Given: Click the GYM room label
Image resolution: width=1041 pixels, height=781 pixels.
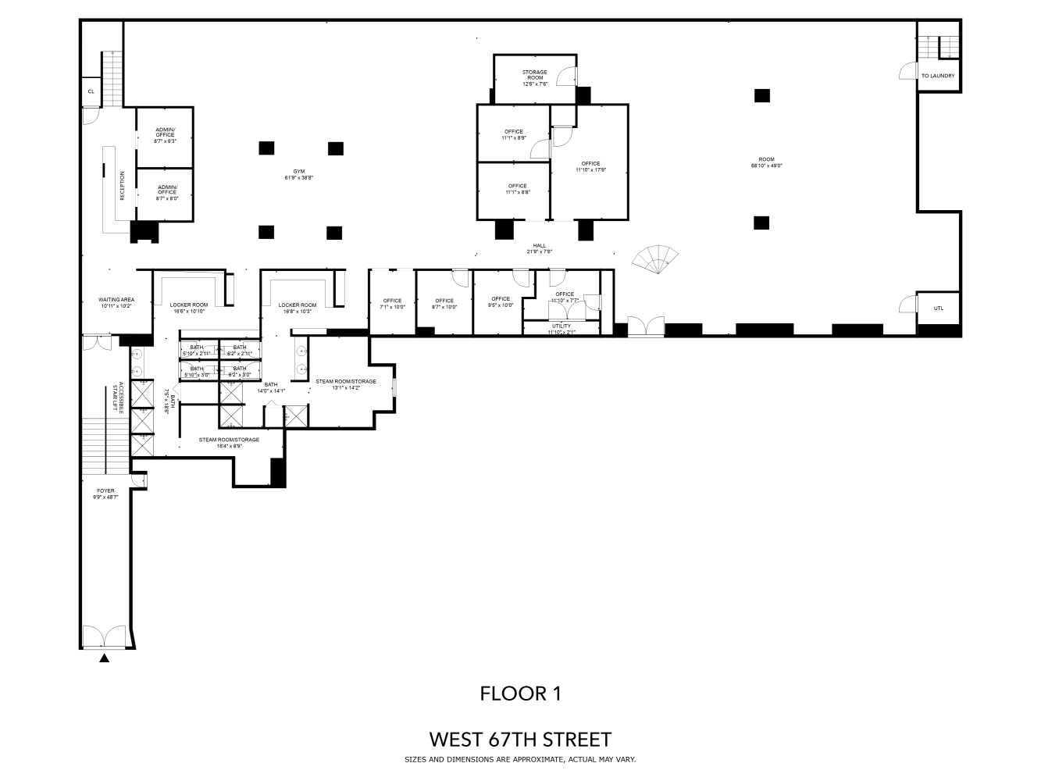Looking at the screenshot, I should [x=298, y=174].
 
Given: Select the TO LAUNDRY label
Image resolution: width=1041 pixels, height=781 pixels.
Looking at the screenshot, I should [x=937, y=76].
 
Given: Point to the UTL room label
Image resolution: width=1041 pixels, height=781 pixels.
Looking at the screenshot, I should [x=938, y=308].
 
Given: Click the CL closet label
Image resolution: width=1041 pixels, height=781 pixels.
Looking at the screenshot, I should [x=91, y=91].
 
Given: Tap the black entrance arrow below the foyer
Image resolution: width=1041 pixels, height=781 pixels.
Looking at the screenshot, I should [x=105, y=658].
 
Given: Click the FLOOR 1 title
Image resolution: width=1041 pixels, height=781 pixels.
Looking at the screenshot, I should [x=520, y=693].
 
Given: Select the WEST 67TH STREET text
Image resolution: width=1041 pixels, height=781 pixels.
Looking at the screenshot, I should [x=520, y=739].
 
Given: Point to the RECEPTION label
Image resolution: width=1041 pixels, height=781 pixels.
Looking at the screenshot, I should [x=123, y=186].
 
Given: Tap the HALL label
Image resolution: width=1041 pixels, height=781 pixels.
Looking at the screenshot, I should [x=539, y=248].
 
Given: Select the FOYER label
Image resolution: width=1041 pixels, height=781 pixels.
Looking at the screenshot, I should [x=105, y=494].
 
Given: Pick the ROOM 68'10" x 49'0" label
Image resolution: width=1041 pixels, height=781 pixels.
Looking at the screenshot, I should [x=767, y=162].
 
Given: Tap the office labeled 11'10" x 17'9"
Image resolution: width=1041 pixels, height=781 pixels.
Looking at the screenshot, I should [x=590, y=166].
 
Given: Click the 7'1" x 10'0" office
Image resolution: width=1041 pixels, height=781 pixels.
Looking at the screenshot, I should [x=392, y=304].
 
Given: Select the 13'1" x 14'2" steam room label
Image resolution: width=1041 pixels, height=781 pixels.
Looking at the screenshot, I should [x=346, y=384].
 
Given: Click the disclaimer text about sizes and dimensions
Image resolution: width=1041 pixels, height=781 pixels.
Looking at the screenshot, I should [x=520, y=759].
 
